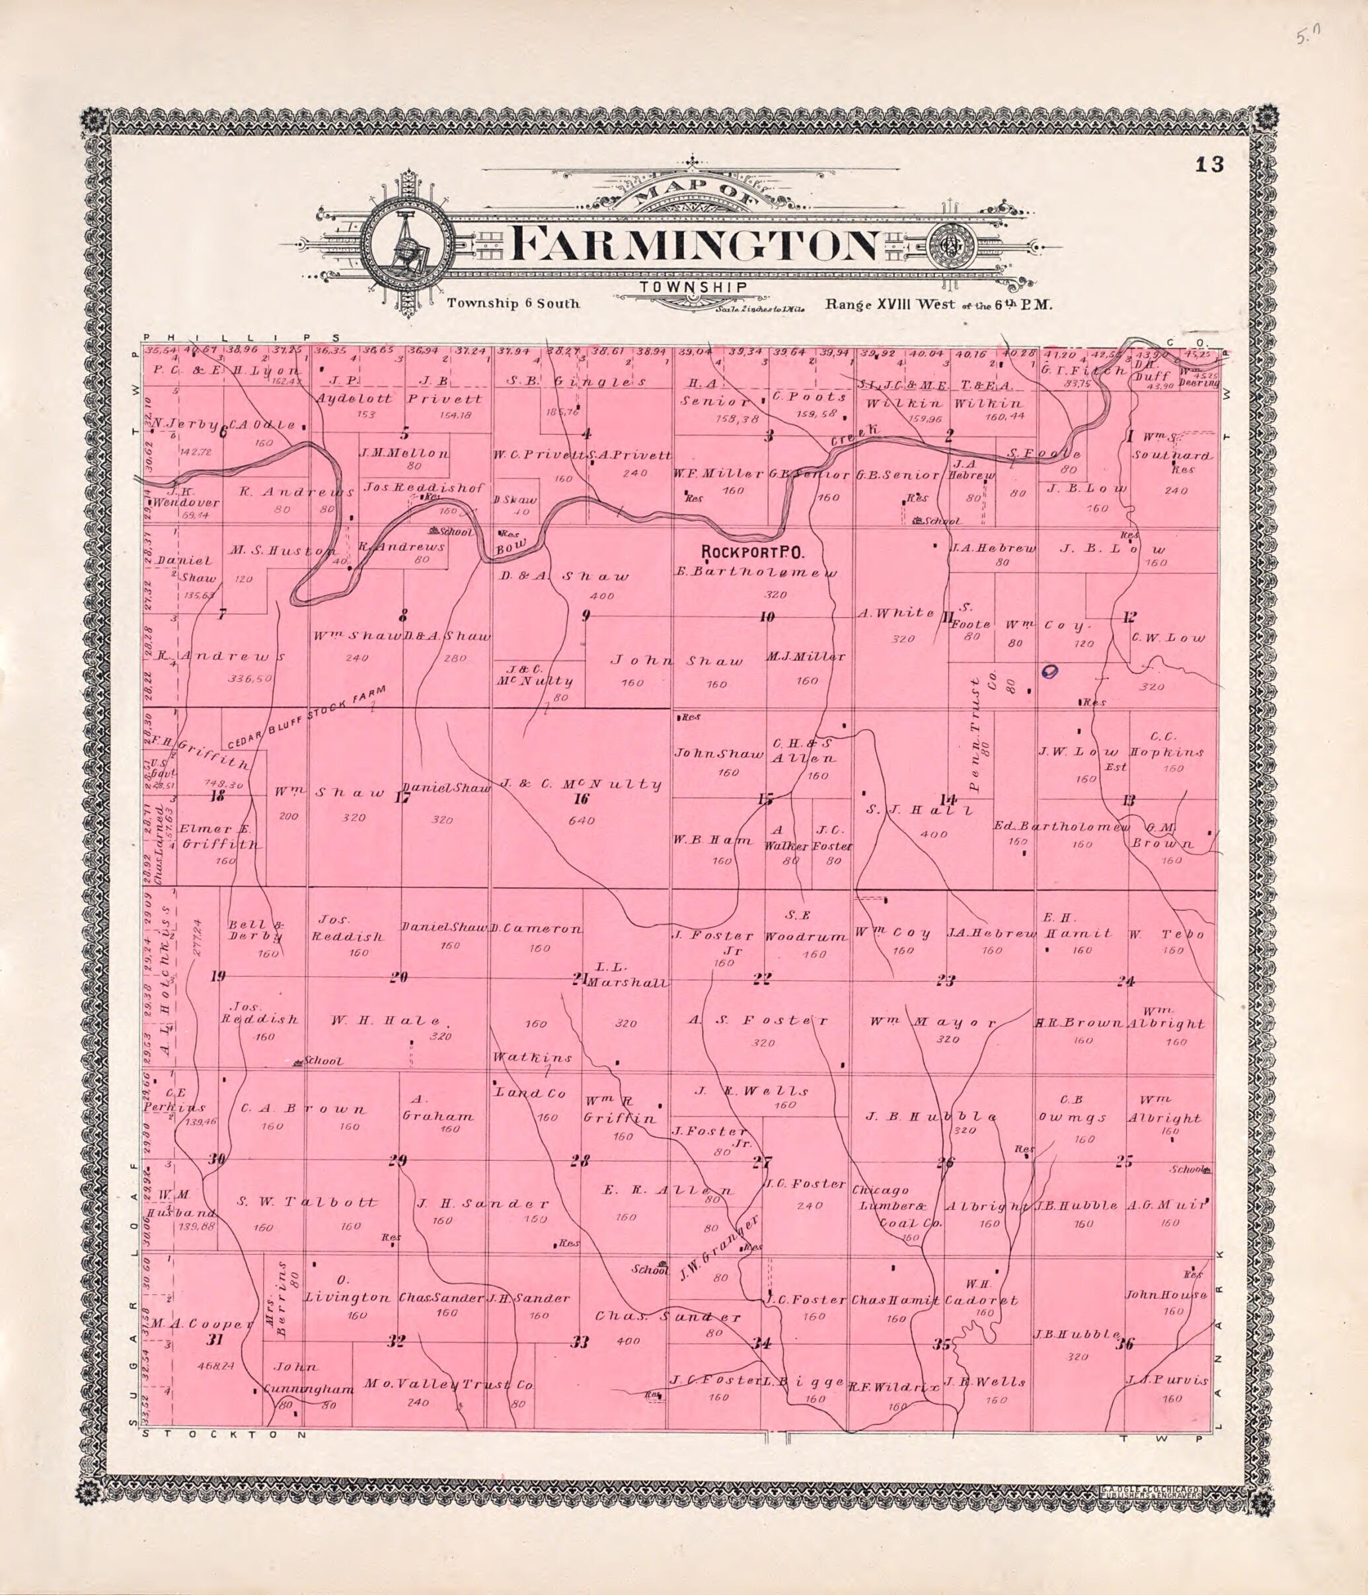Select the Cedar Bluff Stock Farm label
point(317,717)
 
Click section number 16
point(580,799)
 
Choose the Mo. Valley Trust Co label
point(449,1384)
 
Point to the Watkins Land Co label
point(531,1074)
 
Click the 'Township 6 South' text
point(513,303)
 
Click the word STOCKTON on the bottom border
point(227,1435)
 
